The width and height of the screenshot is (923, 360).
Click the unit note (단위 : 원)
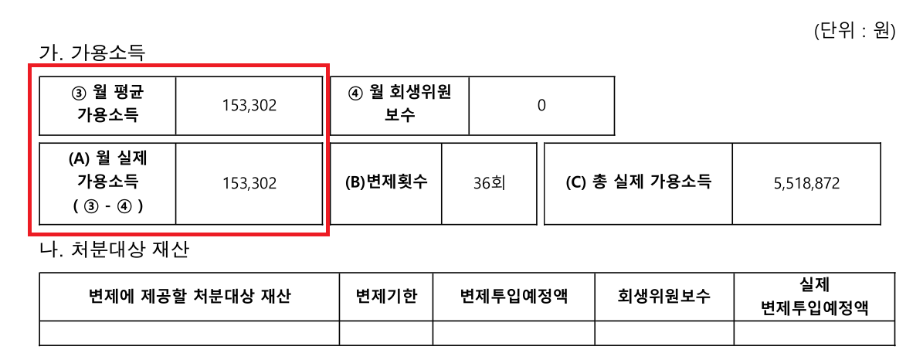click(854, 31)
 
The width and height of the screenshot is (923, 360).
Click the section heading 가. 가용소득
click(92, 53)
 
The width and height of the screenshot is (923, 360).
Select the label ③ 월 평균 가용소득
click(107, 105)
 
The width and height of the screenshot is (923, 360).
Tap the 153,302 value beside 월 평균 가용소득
click(249, 106)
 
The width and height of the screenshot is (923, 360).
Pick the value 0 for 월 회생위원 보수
click(541, 106)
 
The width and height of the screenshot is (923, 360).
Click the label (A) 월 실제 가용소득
click(107, 170)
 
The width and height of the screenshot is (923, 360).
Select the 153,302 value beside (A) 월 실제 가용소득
click(249, 183)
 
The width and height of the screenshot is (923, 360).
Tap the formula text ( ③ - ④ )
click(107, 207)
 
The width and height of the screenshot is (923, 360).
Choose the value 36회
click(489, 183)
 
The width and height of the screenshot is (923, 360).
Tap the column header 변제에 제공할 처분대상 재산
click(189, 297)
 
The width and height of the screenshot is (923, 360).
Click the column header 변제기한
click(386, 297)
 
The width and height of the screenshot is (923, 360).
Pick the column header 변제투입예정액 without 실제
click(514, 297)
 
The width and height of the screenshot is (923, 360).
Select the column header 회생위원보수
click(664, 297)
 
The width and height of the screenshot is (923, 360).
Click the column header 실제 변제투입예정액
click(815, 297)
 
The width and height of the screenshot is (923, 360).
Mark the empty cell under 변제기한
click(386, 333)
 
